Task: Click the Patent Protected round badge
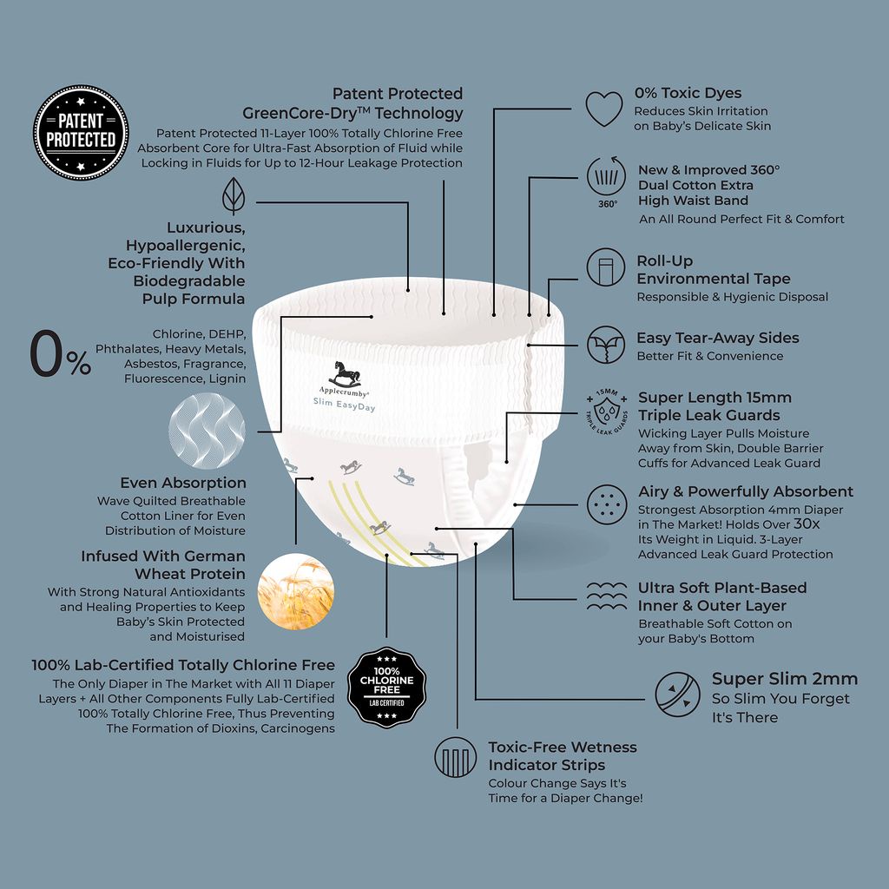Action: pyautogui.click(x=81, y=133)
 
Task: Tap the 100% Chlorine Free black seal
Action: pyautogui.click(x=386, y=688)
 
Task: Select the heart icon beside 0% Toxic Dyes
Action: pyautogui.click(x=604, y=109)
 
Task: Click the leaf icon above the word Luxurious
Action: pyautogui.click(x=234, y=196)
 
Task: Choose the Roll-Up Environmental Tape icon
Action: pyautogui.click(x=606, y=267)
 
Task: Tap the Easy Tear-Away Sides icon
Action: pyautogui.click(x=606, y=345)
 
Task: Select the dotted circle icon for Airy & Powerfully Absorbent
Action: pyautogui.click(x=607, y=504)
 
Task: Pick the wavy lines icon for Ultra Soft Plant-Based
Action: pyautogui.click(x=607, y=596)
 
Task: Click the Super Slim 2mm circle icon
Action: pyautogui.click(x=677, y=695)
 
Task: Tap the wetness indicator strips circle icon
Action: pyautogui.click(x=455, y=757)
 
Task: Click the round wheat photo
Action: pyautogui.click(x=296, y=591)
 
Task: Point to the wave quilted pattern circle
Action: pyautogui.click(x=207, y=431)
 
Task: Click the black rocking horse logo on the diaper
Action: pyautogui.click(x=345, y=374)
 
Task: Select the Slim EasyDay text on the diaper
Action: pyautogui.click(x=344, y=405)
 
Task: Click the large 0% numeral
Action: pyautogui.click(x=60, y=355)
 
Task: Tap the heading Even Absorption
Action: pyautogui.click(x=183, y=483)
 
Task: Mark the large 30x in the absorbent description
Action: pyautogui.click(x=807, y=524)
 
